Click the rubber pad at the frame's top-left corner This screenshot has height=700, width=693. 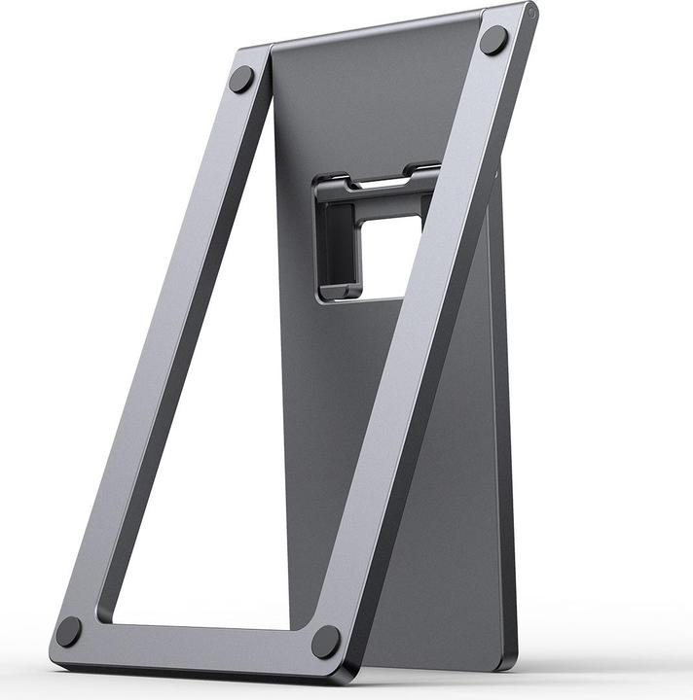241,79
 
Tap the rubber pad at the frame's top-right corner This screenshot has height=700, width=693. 493,40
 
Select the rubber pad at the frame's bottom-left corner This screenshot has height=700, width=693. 69,631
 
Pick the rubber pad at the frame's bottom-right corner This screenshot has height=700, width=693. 326,642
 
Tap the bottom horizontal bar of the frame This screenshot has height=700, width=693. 195,642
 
